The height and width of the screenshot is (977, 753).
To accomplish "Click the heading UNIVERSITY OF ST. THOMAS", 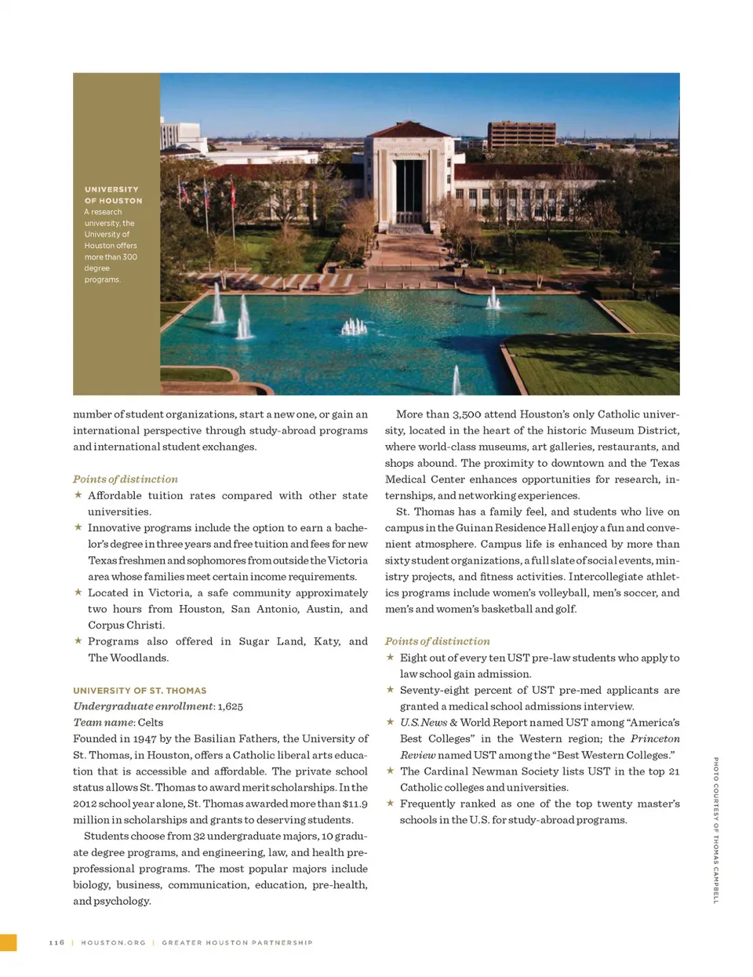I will pos(140,691).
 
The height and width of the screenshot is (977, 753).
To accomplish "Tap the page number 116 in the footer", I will pos(56,942).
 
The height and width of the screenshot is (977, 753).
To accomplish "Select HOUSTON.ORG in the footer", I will pos(113,942).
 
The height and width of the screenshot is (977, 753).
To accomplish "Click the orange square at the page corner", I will pos(8,942).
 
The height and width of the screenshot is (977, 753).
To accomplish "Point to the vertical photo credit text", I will pos(715,829).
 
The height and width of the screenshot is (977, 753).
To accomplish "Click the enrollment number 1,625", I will pos(230,706).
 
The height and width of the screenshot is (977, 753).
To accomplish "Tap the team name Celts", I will pos(151,723).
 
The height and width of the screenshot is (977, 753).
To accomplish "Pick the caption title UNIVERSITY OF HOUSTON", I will pos(113,195).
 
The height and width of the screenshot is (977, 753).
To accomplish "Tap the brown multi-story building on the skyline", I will pos(522,134).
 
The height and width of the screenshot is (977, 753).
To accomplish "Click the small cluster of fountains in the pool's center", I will pos(355,326).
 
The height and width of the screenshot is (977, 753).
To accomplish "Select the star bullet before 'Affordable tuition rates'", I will pos(78,495).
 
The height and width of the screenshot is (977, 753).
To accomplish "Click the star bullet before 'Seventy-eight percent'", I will pos(390,690).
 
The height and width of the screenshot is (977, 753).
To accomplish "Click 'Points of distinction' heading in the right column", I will pos(437,641).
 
